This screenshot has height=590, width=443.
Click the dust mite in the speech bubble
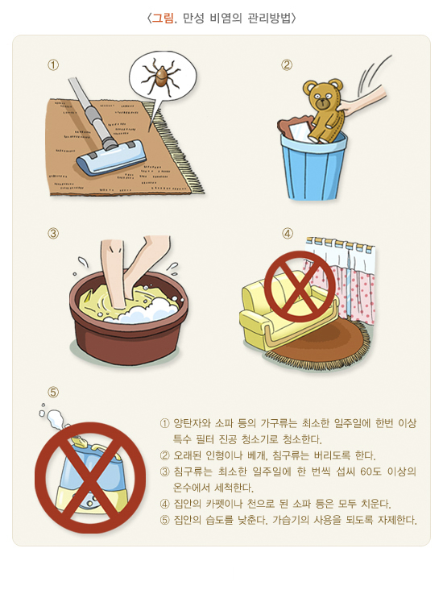[x=160, y=76]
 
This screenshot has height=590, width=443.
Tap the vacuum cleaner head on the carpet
[x=111, y=159]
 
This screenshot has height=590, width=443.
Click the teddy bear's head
[x=323, y=94]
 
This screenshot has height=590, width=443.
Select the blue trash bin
[x=313, y=164]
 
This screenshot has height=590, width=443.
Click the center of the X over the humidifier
[x=90, y=478]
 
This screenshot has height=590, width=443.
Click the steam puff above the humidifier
[x=54, y=418]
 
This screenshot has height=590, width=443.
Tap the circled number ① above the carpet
[x=53, y=65]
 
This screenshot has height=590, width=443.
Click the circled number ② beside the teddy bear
[x=287, y=65]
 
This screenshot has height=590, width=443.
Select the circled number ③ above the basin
[x=53, y=233]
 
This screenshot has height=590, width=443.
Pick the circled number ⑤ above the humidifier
[x=53, y=392]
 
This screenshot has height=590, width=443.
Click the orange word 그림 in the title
[x=163, y=18]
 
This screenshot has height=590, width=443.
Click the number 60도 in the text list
[x=371, y=472]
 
